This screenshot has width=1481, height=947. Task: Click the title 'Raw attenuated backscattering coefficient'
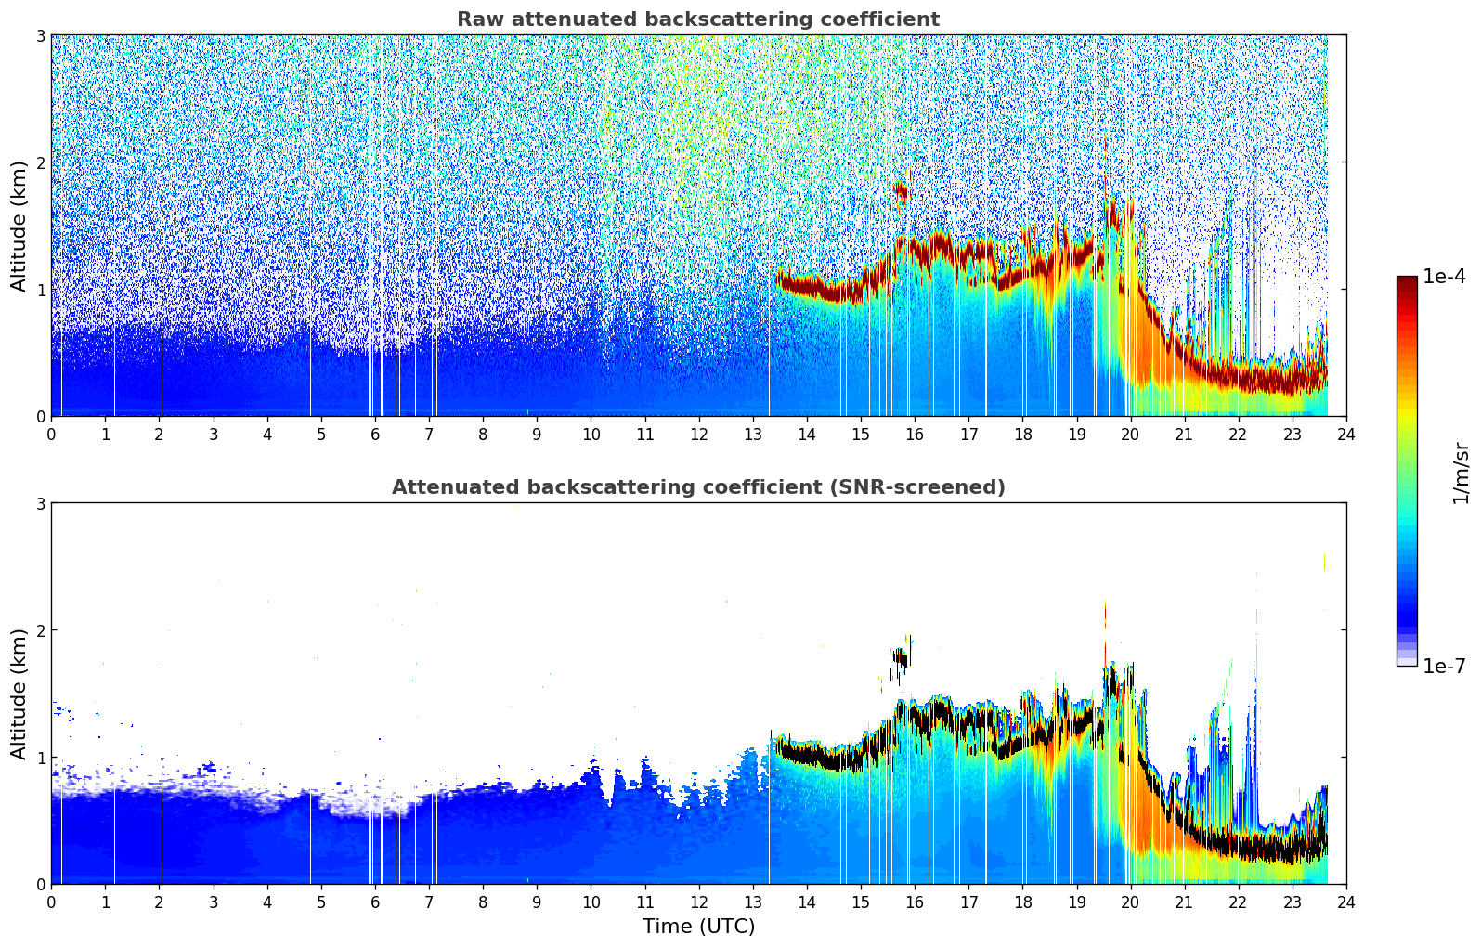point(697,19)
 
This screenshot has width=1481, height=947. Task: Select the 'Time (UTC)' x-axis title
point(698,926)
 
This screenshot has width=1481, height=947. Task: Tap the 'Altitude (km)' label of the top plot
point(19,226)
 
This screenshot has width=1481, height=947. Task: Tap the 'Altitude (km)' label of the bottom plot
point(19,694)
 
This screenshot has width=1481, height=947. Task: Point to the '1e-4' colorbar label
point(1444,277)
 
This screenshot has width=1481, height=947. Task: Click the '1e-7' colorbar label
point(1444,666)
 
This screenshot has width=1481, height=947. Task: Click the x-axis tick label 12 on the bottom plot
point(698,902)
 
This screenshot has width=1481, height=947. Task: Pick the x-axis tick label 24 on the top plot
point(1346,435)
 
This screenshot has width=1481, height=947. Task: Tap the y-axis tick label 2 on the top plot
point(41,162)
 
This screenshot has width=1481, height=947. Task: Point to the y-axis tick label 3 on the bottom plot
point(41,503)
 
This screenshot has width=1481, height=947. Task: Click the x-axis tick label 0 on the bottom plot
point(51,902)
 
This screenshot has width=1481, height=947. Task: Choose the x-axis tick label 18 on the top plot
point(1022,435)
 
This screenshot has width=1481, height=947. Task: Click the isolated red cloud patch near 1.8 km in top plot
point(900,191)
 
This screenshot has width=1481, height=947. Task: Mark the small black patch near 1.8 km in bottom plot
point(900,657)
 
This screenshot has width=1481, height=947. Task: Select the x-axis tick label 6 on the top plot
point(375,435)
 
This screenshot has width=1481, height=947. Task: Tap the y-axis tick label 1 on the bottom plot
point(41,758)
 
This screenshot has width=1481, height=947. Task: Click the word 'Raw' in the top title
point(478,19)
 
